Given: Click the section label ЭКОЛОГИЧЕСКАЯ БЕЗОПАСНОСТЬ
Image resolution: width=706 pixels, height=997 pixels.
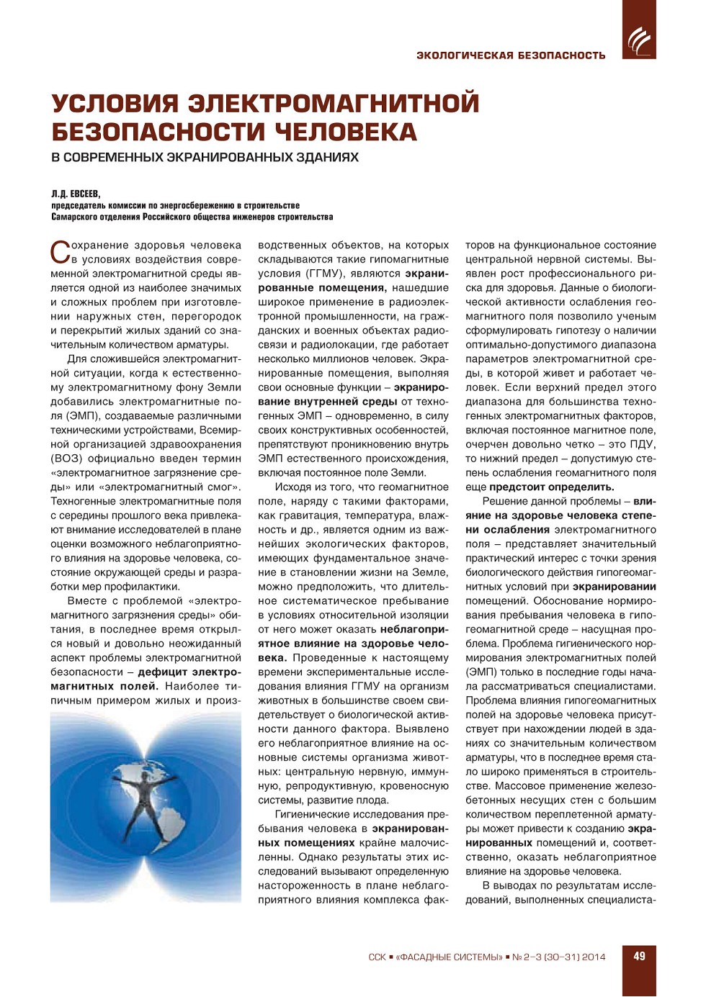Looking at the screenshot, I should [x=511, y=55].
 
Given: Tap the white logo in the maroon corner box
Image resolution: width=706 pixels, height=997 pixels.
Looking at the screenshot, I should [x=638, y=40].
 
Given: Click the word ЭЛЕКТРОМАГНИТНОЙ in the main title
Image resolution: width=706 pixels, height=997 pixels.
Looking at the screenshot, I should [x=334, y=104].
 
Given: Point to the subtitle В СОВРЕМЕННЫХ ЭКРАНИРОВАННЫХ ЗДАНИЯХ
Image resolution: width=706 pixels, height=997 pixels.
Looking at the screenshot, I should [x=205, y=158].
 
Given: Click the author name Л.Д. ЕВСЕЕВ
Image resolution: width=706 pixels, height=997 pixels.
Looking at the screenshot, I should [x=76, y=194].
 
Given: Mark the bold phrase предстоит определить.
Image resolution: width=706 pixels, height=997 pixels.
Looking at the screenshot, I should [x=552, y=487].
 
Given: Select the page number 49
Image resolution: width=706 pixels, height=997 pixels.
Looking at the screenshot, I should [x=639, y=957].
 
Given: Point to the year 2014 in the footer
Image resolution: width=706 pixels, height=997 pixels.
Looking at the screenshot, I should [x=594, y=957].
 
